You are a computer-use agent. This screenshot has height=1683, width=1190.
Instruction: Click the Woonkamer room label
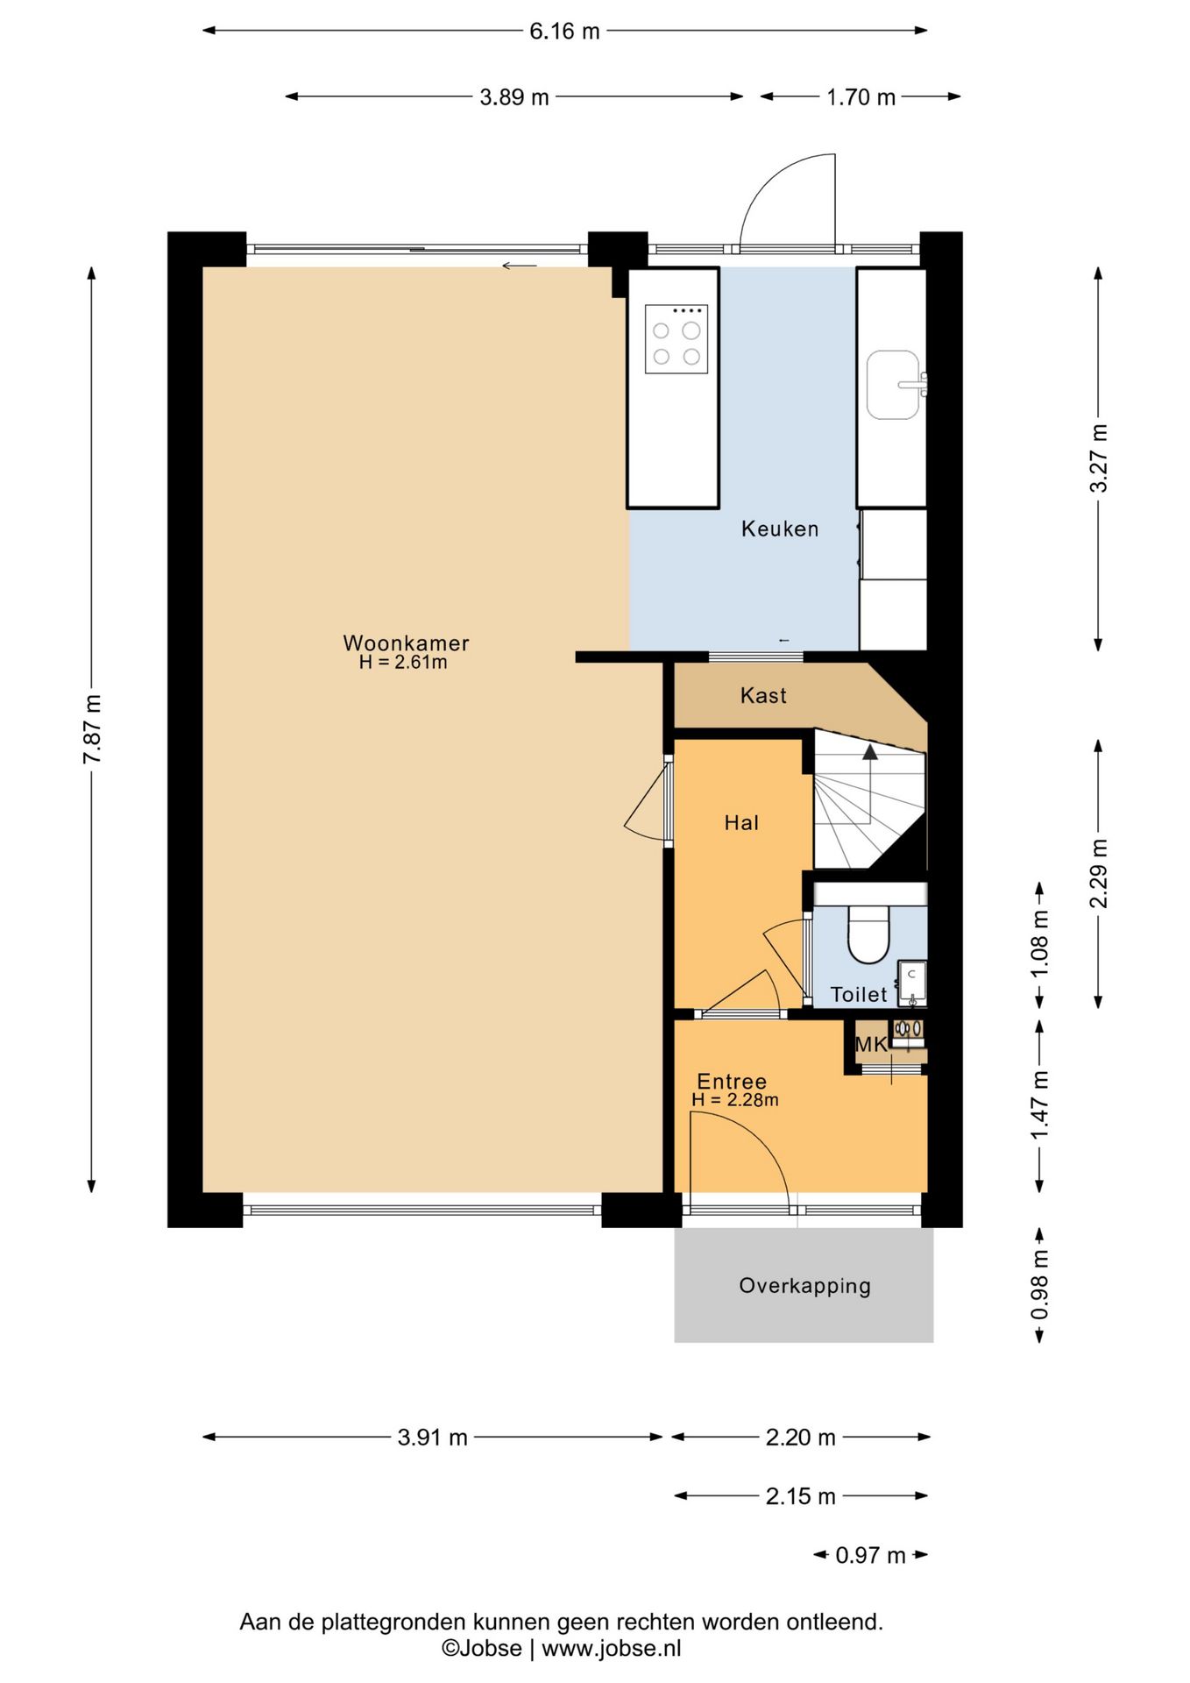coord(406,643)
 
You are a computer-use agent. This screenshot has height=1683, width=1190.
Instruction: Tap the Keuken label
coord(780,529)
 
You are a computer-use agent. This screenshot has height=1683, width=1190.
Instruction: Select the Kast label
coord(763,696)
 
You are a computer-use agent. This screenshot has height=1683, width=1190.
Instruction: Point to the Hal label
coord(741,822)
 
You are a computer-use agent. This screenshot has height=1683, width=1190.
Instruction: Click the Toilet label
coord(859,994)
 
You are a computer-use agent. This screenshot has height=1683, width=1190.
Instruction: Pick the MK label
coord(871,1044)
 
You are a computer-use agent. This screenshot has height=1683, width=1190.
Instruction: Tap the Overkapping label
coord(804,1286)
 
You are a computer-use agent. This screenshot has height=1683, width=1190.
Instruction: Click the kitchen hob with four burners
coord(676,338)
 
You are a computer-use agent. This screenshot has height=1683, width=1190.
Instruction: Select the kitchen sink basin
coord(893,385)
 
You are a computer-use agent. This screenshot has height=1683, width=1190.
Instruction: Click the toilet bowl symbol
coord(868,934)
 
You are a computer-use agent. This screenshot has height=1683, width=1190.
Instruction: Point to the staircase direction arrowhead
coord(869,751)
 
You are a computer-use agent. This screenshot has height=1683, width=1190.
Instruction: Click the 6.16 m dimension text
coord(564,31)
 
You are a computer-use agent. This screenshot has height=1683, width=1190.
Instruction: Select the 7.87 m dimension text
coord(92,728)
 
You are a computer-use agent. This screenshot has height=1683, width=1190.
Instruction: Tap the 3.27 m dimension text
coord(1098,458)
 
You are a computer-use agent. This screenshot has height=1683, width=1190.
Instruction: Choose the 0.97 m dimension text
coord(870,1555)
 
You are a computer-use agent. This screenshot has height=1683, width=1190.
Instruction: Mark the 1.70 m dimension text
coord(861,96)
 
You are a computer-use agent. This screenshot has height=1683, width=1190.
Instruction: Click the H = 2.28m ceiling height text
coord(734,1100)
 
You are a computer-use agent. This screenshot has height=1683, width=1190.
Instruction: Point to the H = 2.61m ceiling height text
coord(403,663)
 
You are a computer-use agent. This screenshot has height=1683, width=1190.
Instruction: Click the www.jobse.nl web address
coord(611,1648)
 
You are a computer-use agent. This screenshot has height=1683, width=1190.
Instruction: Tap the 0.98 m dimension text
coord(1039,1285)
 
